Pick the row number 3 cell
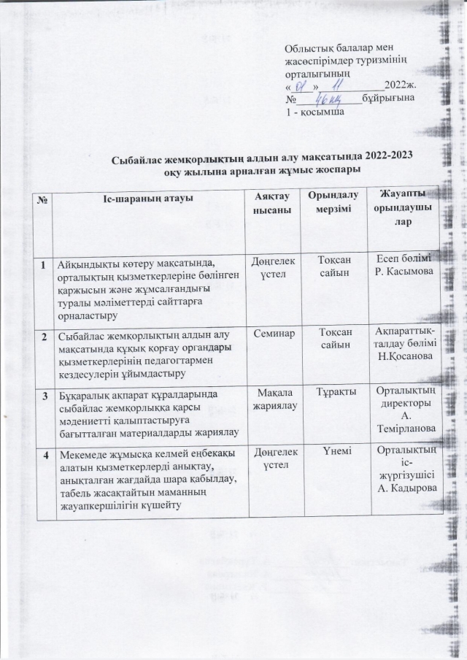coord(45,396)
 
